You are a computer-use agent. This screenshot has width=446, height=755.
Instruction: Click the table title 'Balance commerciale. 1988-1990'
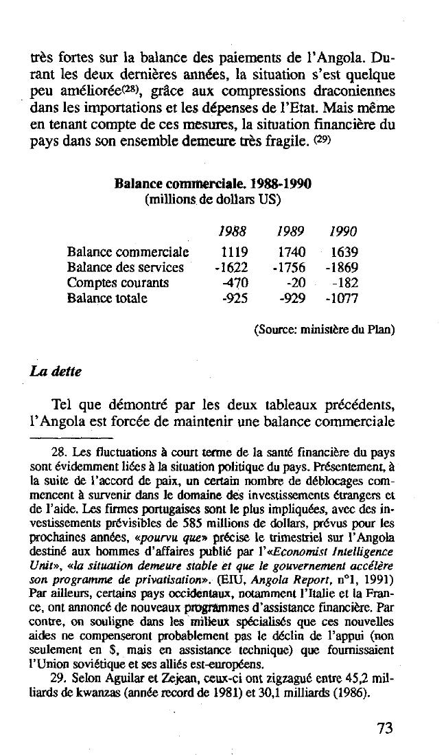point(213,185)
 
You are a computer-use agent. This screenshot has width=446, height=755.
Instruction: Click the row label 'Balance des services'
point(126,267)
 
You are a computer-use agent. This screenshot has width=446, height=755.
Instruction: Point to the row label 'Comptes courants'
point(118,282)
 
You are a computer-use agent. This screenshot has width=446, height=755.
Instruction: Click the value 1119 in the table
point(234,252)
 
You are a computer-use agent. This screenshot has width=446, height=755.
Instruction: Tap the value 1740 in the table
point(292,252)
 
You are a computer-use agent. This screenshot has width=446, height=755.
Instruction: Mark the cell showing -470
point(235,282)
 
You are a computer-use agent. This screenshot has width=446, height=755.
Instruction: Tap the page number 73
point(385,728)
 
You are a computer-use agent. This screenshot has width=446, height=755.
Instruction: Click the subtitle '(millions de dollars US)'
point(213,199)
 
